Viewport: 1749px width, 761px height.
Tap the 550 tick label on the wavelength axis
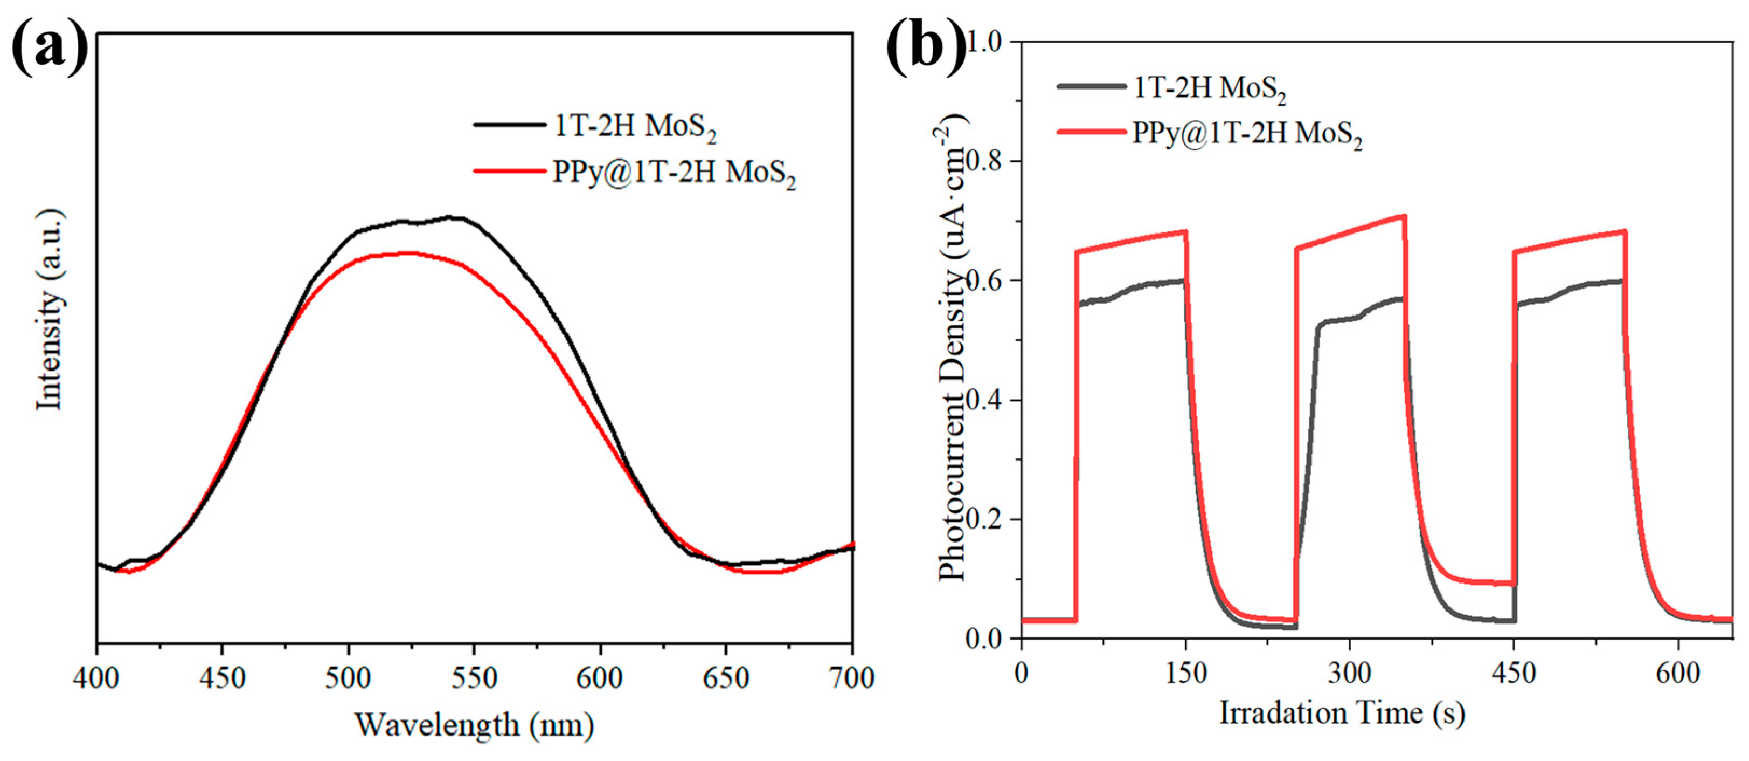click(x=474, y=677)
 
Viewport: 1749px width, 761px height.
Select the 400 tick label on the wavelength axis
click(x=97, y=677)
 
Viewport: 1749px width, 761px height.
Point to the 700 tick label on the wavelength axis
click(x=851, y=677)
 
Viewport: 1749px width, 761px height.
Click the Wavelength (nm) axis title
click(x=474, y=725)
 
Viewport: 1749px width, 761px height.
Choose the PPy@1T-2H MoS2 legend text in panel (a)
click(x=674, y=173)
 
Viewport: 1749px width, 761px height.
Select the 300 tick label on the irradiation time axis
click(x=1349, y=673)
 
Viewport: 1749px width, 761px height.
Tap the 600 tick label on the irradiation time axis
click(x=1678, y=673)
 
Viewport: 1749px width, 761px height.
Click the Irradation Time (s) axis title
click(x=1342, y=714)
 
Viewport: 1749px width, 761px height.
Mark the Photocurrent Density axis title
click(x=952, y=353)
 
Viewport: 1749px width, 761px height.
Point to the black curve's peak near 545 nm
click(x=456, y=217)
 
